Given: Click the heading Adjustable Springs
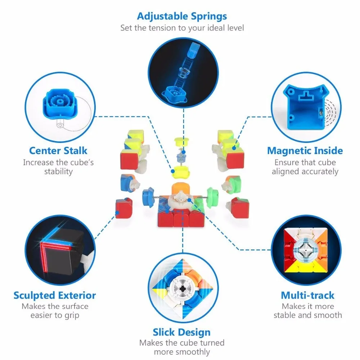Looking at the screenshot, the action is click(182, 17).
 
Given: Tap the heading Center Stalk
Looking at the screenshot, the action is click(58, 151).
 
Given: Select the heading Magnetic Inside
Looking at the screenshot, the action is click(305, 151).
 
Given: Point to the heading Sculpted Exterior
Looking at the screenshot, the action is click(55, 296).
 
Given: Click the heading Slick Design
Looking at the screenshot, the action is click(181, 332).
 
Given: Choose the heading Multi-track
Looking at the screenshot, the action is click(308, 296).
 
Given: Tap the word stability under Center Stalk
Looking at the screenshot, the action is click(58, 172).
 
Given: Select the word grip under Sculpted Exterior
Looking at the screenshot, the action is click(72, 316).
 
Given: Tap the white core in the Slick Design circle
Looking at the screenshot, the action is click(183, 288).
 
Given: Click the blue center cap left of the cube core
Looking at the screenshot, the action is click(148, 197).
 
